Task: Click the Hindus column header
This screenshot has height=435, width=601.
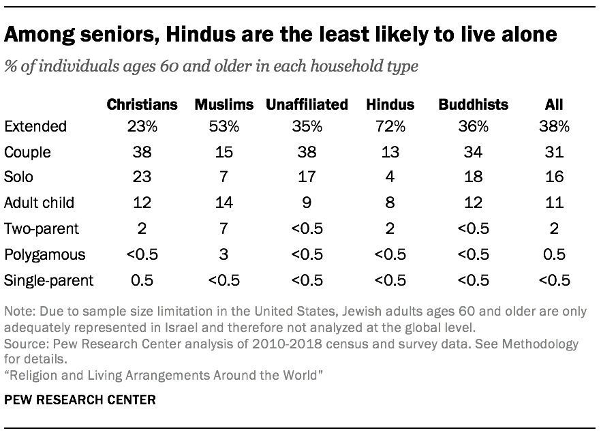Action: [390, 104]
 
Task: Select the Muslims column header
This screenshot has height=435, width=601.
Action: [224, 104]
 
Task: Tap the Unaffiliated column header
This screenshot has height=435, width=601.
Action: [307, 104]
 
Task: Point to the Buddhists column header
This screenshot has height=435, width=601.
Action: [473, 104]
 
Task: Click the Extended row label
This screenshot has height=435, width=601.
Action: [35, 126]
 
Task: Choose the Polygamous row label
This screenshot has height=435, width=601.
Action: [45, 254]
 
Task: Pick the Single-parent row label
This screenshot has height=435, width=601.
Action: [49, 280]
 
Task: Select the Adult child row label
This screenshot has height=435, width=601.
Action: [39, 203]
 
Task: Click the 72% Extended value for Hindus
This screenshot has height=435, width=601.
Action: [390, 126]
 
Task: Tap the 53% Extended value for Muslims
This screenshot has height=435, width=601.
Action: [224, 126]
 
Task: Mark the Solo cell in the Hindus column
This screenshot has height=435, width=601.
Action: [390, 177]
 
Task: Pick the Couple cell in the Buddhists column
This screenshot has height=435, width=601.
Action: [473, 152]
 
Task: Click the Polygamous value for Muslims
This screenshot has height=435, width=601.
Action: [224, 254]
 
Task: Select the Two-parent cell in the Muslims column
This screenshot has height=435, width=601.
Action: [224, 228]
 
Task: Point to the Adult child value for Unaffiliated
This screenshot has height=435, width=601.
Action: [307, 203]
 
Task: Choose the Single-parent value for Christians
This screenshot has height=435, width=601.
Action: [142, 280]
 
